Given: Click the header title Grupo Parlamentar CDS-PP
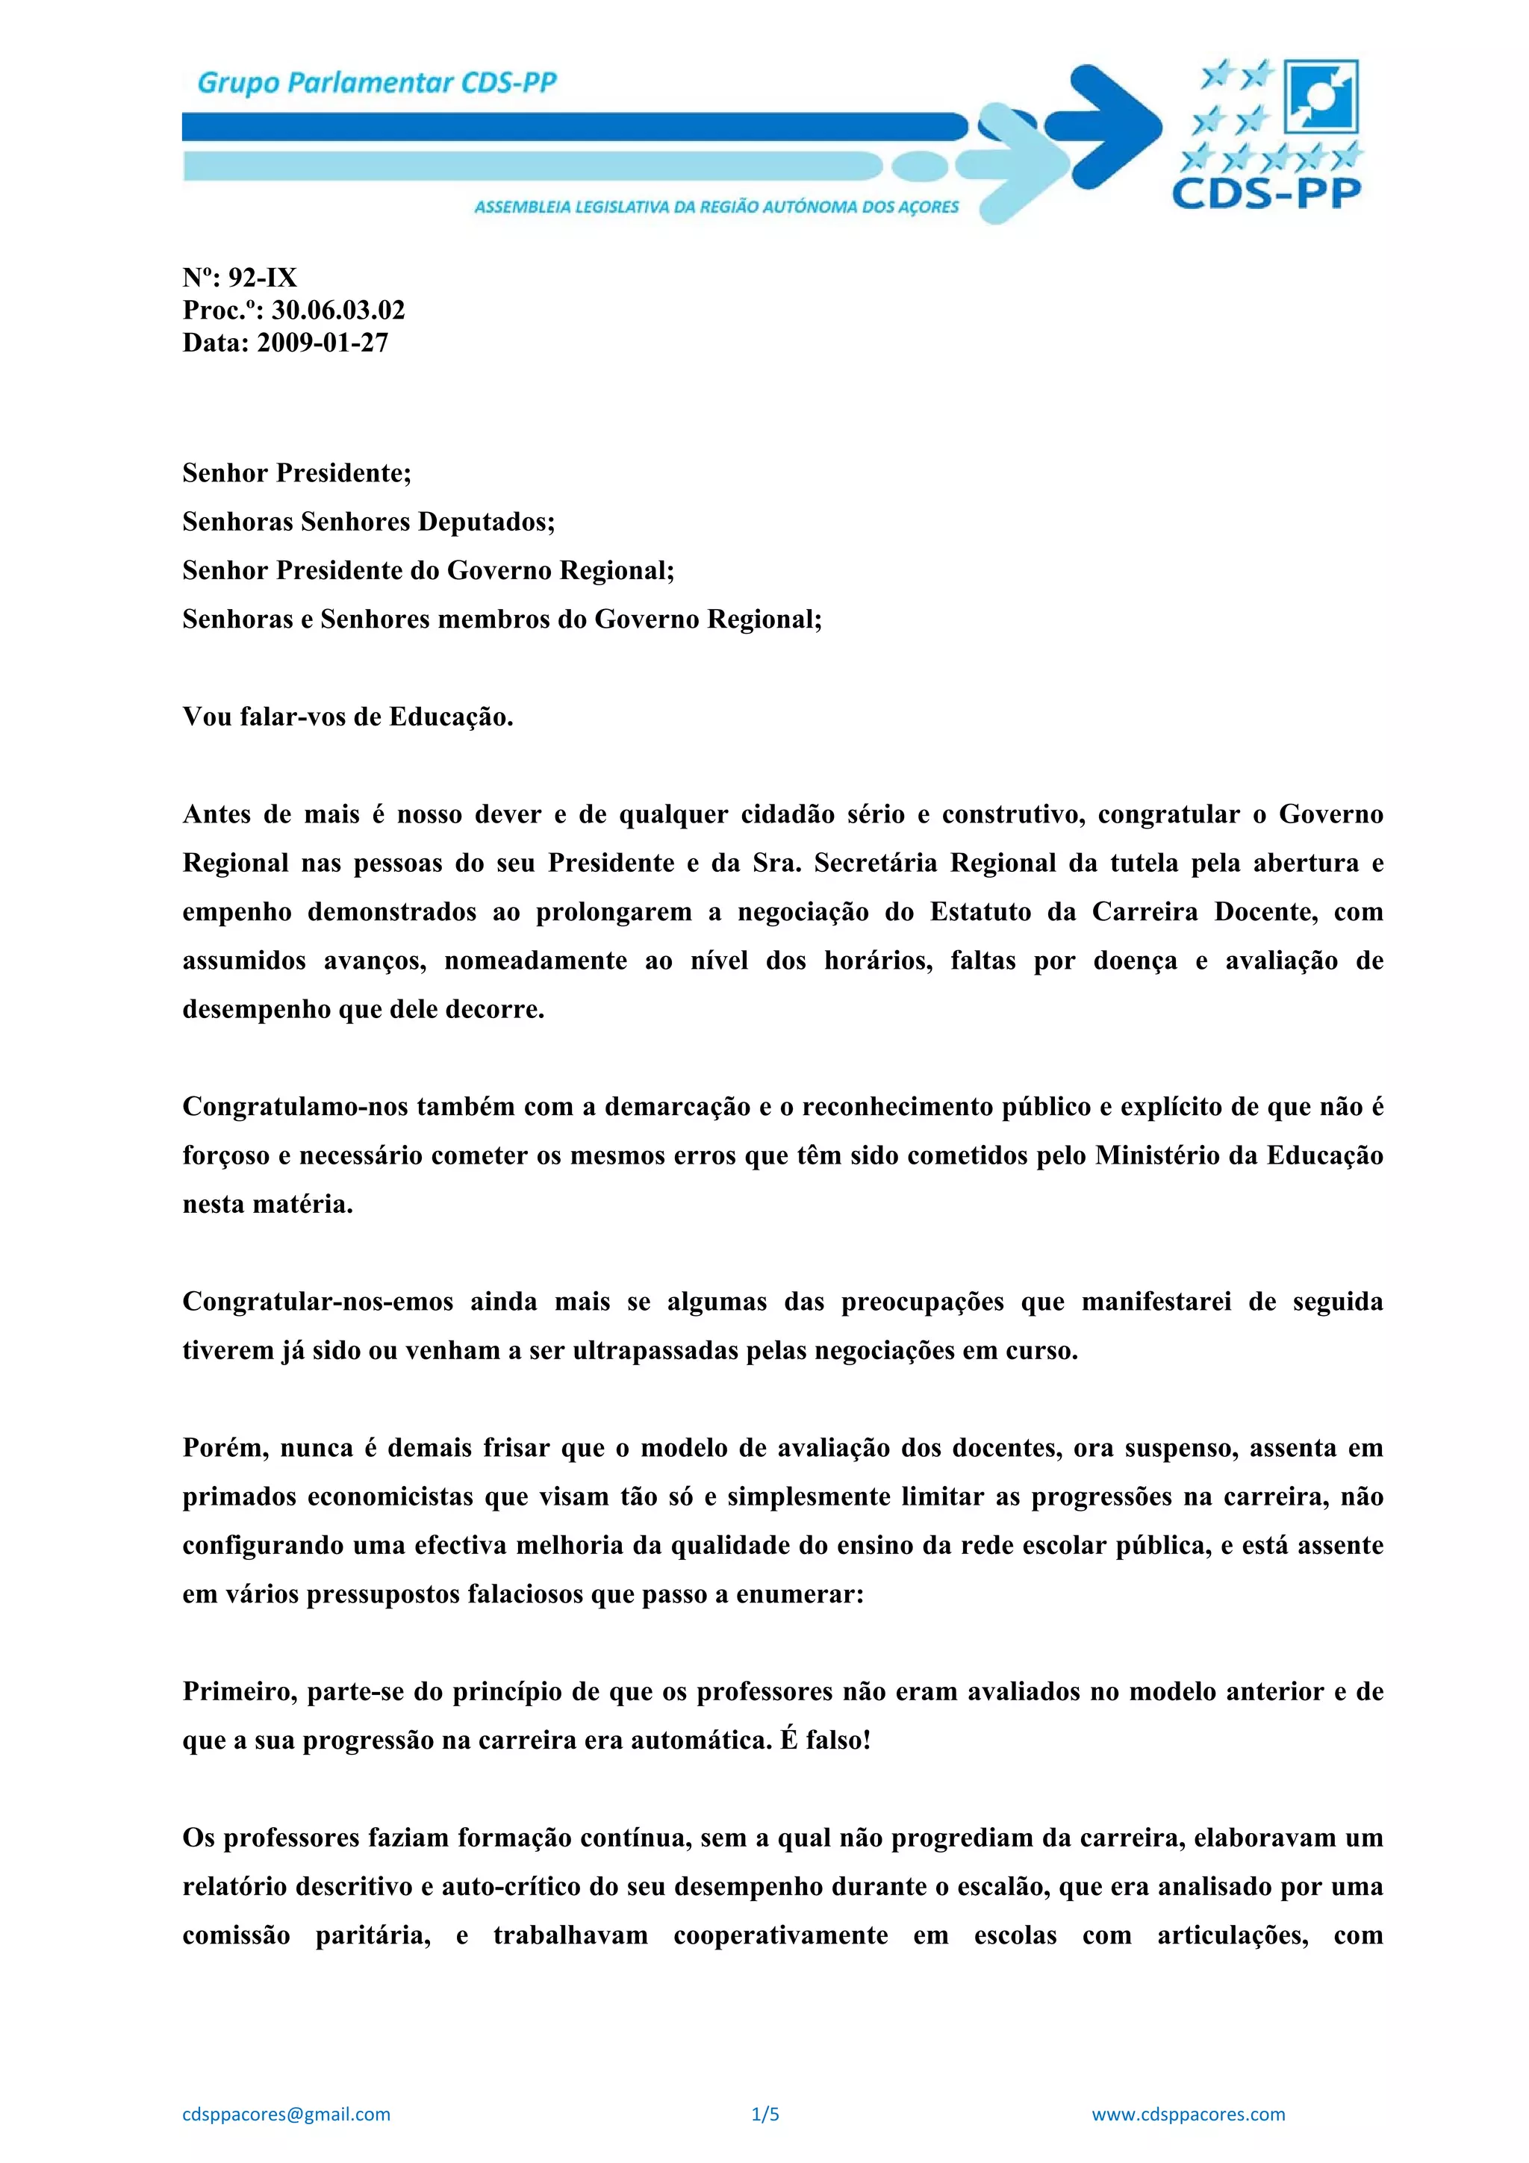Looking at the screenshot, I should point(377,84).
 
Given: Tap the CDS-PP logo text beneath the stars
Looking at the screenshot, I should point(1266,194).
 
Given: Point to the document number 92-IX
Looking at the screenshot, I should point(263,278).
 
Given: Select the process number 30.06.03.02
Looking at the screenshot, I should point(338,310).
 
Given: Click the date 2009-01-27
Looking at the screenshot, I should point(323,342).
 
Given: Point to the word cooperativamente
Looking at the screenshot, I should point(780,1936).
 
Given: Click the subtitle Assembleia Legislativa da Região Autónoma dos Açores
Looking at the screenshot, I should point(716,206).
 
